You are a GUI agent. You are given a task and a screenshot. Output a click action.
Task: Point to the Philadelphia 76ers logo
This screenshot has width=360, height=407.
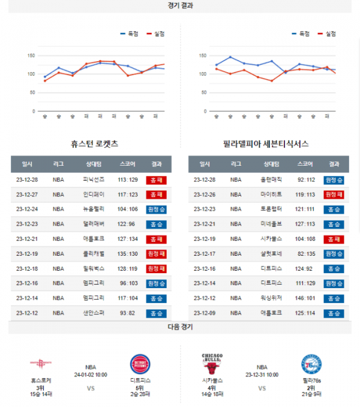(311, 364)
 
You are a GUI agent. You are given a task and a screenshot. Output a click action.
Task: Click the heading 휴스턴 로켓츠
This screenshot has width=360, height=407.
(94, 144)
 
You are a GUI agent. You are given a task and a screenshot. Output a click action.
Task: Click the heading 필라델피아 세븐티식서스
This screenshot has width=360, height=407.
(265, 144)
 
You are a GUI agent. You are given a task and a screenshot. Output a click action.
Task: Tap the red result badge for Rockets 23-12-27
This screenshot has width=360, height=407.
(157, 194)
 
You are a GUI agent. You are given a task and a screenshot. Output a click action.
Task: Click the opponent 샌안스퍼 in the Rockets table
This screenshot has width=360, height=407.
(94, 313)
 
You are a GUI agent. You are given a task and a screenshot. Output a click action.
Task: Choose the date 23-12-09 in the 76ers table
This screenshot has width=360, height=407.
(205, 313)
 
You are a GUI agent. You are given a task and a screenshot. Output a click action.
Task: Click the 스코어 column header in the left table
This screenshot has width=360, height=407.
(127, 164)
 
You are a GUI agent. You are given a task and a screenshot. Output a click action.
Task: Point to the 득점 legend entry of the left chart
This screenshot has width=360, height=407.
(130, 34)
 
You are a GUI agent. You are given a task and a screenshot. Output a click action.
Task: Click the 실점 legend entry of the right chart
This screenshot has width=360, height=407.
(327, 34)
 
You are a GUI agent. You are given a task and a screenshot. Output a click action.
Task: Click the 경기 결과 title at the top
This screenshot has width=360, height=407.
(180, 5)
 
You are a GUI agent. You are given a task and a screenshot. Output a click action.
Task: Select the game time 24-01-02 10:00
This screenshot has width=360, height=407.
(90, 374)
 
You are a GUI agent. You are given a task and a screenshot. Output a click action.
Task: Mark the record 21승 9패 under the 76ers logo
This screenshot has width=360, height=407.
(311, 394)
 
